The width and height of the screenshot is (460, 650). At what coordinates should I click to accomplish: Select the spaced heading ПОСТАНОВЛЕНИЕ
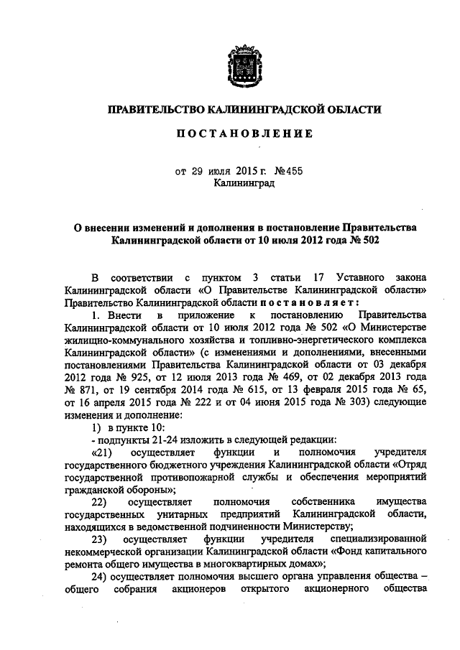pyautogui.click(x=244, y=134)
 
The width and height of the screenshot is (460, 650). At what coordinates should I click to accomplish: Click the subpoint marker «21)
pyautogui.click(x=103, y=452)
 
